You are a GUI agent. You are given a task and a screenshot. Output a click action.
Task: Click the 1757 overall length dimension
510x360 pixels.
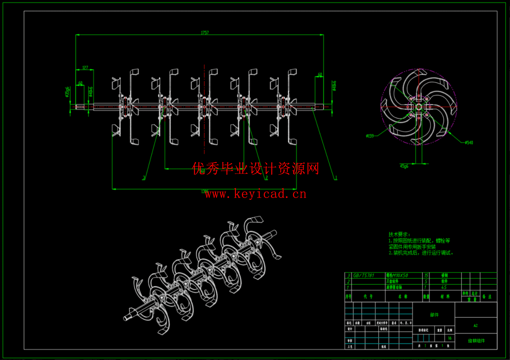click(x=205, y=33)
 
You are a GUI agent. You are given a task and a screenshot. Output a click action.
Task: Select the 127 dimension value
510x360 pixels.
click(x=85, y=68)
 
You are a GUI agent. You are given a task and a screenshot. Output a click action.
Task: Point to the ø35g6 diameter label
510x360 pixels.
click(x=67, y=92)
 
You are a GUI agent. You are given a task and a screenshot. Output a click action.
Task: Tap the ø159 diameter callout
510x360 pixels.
click(x=370, y=136)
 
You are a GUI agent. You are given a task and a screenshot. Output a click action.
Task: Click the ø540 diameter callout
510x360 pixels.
click(x=469, y=143)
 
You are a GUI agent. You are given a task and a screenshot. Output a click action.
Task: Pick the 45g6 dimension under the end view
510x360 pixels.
click(x=404, y=166)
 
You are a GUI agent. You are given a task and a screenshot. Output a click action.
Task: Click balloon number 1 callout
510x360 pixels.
click(x=336, y=177)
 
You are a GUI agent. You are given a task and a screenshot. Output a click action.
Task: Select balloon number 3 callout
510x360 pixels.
click(x=144, y=177)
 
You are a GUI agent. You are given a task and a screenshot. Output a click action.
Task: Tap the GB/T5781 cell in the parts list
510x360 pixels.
click(x=363, y=275)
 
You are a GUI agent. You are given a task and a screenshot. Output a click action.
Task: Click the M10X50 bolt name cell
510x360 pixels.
click(x=397, y=275)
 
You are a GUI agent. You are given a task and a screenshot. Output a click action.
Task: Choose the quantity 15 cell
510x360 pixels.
click(x=426, y=275)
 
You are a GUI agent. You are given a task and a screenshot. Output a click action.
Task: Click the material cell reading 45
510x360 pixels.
click(x=444, y=287)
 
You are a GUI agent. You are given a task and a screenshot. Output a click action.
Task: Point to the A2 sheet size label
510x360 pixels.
click(x=475, y=325)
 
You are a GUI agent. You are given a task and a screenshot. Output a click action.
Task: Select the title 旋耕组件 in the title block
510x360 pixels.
click(x=476, y=341)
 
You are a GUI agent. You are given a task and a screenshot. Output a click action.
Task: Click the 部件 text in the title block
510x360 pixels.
click(x=434, y=315)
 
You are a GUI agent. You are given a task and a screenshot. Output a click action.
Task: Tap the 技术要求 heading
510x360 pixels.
click(x=399, y=234)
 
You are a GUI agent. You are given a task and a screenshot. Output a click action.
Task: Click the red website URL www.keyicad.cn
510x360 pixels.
click(x=256, y=194)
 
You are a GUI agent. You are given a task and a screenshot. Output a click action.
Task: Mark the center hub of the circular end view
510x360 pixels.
click(x=419, y=107)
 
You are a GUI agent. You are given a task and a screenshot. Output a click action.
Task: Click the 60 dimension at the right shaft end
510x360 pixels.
click(x=320, y=75)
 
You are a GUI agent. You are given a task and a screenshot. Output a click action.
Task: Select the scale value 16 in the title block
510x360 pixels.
click(x=449, y=338)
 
